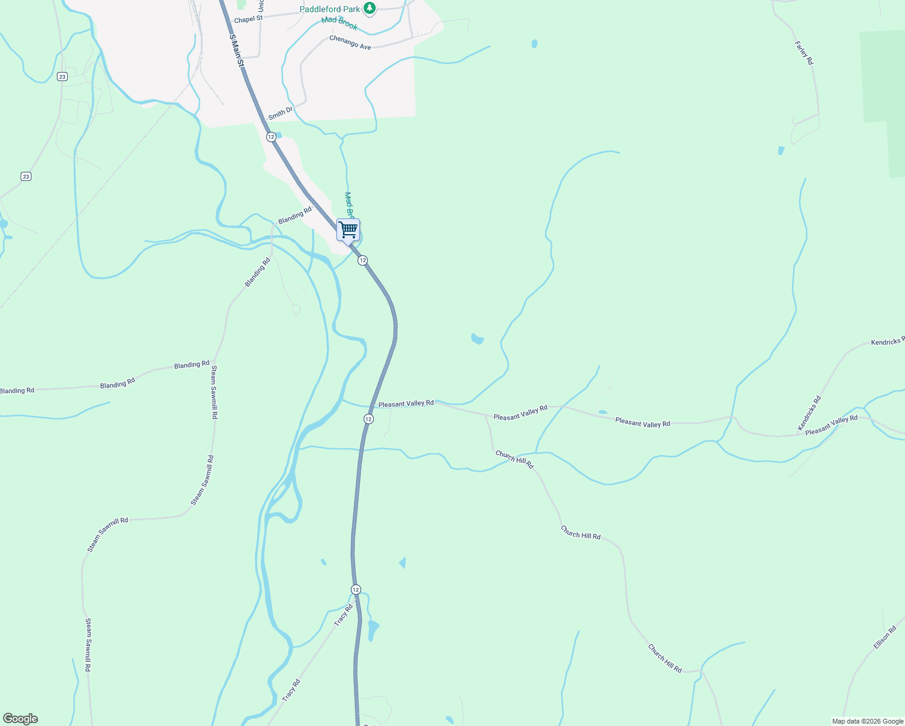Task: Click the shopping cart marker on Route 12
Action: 348,230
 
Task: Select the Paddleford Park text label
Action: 330,9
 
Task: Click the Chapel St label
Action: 248,19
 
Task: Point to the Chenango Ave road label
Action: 350,42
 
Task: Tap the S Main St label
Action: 237,50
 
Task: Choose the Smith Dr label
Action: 280,113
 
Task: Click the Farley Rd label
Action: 804,53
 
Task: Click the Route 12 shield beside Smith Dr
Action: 271,137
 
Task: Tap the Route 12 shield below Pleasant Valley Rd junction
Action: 368,419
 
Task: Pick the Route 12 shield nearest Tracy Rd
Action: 356,589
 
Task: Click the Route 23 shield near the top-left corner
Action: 62,76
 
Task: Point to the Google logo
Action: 21,719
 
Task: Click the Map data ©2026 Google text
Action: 867,721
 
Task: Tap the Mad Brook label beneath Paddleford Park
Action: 339,23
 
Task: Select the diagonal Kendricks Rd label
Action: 809,413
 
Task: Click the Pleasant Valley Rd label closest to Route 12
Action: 406,403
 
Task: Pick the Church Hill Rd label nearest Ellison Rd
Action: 665,658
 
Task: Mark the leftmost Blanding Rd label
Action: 17,391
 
